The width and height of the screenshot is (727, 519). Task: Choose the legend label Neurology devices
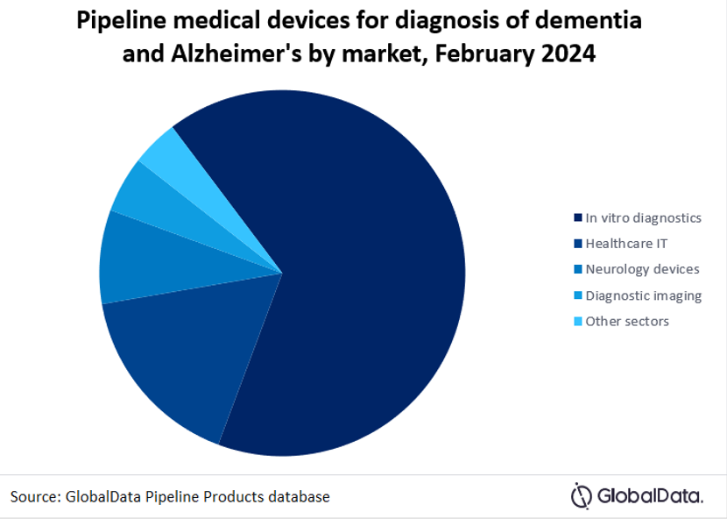tap(641, 269)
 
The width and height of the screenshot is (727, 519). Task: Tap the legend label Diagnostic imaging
tap(643, 295)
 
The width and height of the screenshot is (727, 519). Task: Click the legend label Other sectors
tap(627, 321)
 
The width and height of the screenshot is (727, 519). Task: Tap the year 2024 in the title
tap(564, 53)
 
